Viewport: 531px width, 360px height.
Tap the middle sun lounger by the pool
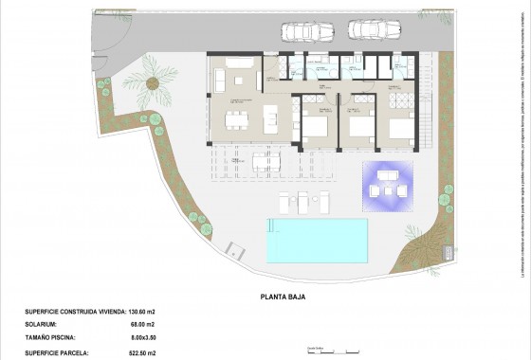pos(303,201)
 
